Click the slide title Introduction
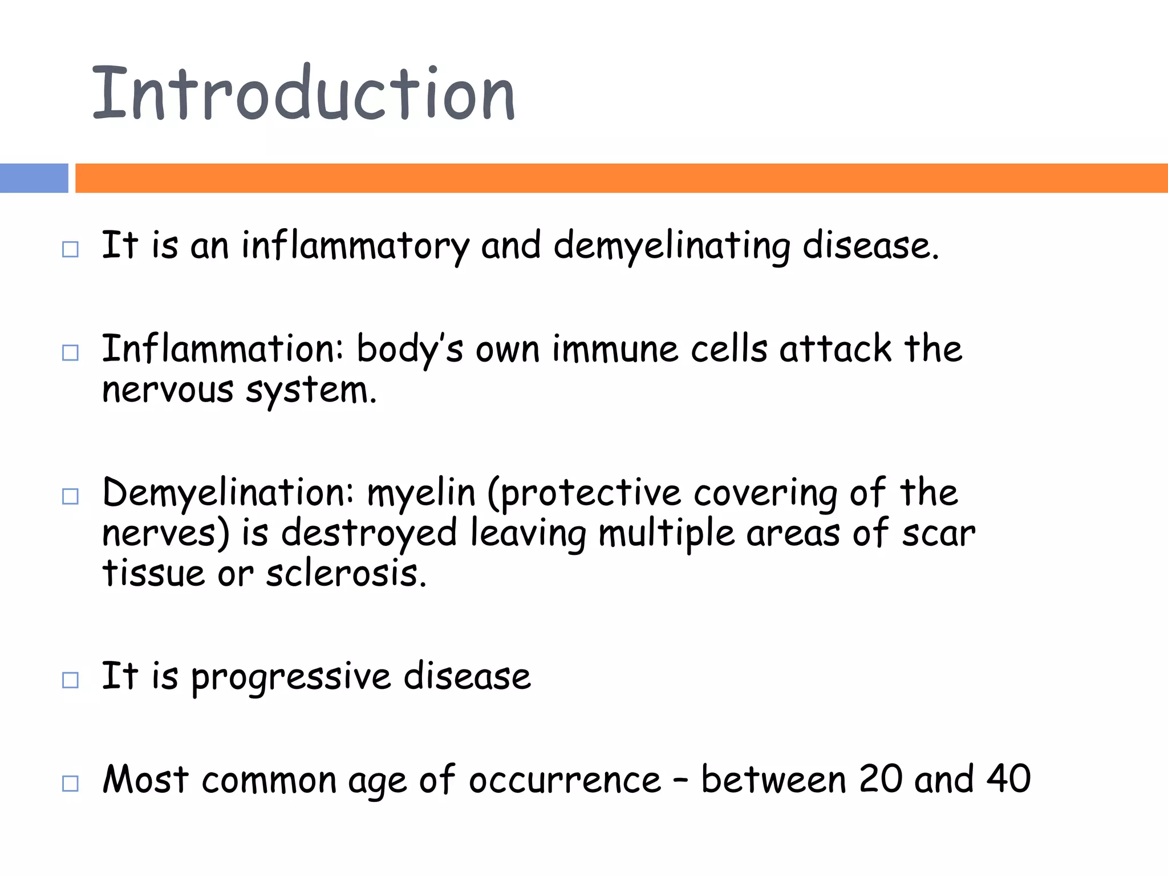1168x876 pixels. coord(303,94)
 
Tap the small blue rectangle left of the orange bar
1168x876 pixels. coord(34,178)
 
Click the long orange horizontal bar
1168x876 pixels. coord(620,178)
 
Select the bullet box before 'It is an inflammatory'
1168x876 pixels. coord(70,249)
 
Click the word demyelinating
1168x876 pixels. coord(672,246)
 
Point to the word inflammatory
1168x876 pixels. coord(355,246)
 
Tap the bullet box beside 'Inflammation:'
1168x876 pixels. coord(70,352)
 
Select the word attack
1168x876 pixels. coord(836,349)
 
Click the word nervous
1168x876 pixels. coord(168,391)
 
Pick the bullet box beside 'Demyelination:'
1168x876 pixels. coord(70,496)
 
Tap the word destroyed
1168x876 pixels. coord(369,534)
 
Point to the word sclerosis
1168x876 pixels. coord(346,574)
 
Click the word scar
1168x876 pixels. coord(938,534)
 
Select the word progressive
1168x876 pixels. coord(291,678)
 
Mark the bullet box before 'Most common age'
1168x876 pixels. coord(70,783)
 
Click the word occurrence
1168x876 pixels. coord(565,780)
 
